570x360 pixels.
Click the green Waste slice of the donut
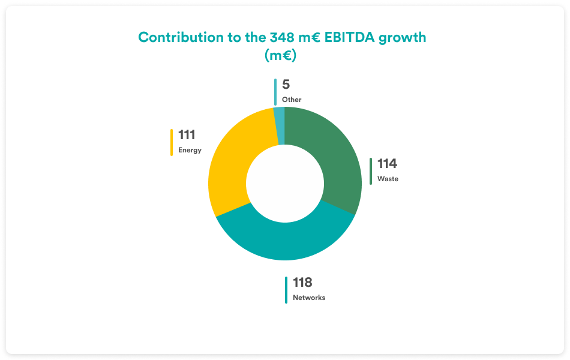pos(335,162)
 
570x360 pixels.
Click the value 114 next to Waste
pos(387,164)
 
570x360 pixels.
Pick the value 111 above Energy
pos(187,135)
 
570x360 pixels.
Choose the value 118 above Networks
pos(302,283)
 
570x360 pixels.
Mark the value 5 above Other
pos(286,85)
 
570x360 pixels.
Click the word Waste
pos(388,179)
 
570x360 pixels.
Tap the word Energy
pos(190,150)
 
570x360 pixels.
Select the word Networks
pos(309,298)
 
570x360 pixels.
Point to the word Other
pos(292,100)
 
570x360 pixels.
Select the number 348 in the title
pos(280,37)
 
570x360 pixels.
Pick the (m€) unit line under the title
pos(282,55)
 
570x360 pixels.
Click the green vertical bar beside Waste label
pos(371,171)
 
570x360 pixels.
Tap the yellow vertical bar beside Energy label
pos(172,142)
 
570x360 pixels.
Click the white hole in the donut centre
pos(285,183)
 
